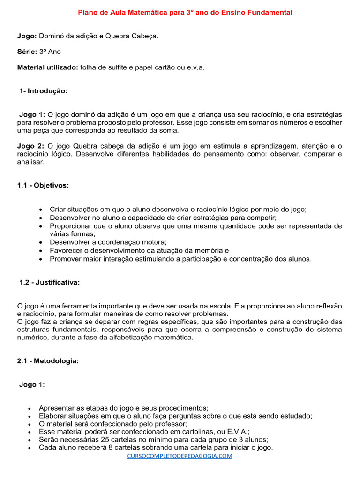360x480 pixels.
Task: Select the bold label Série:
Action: click(27, 52)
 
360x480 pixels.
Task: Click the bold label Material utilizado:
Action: click(48, 67)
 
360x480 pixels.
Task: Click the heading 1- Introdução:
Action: click(43, 91)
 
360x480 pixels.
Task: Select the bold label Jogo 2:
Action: click(31, 146)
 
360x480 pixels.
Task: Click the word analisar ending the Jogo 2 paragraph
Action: click(31, 162)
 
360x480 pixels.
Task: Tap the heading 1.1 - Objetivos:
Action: click(43, 186)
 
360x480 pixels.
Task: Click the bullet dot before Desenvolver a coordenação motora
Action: click(41, 242)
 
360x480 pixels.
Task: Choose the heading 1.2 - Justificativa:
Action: click(49, 282)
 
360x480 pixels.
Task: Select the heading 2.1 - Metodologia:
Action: click(48, 361)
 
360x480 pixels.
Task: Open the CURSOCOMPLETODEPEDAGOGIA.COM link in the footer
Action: click(180, 456)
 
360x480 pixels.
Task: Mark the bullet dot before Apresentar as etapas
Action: click(30, 408)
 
